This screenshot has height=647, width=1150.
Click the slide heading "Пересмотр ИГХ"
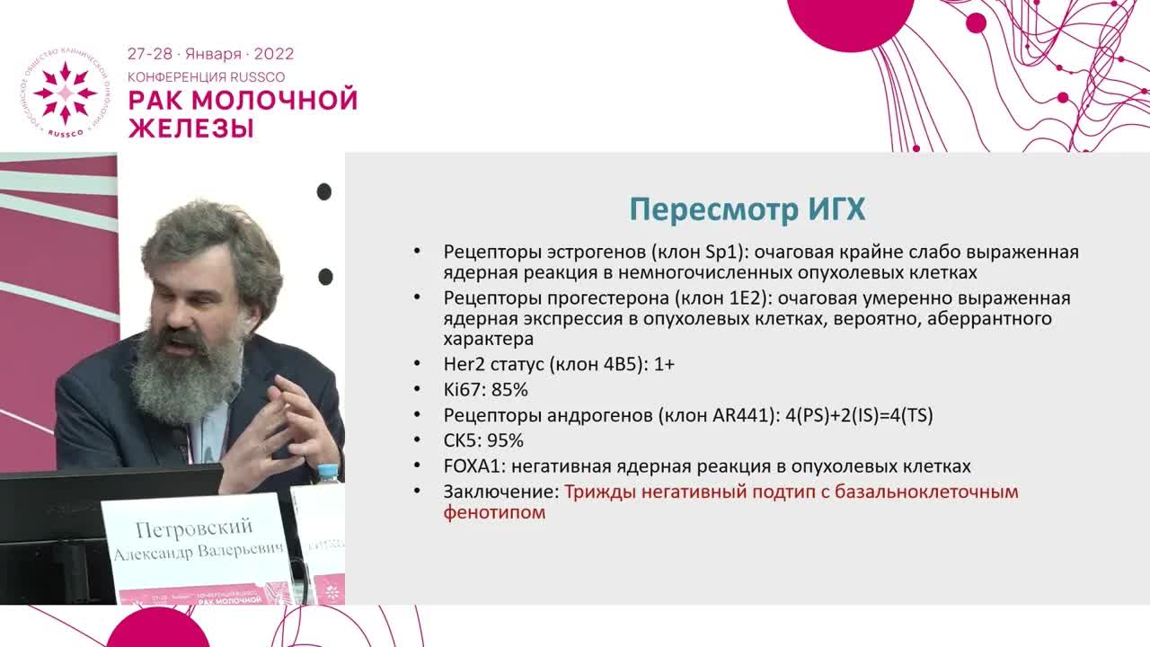[747, 209]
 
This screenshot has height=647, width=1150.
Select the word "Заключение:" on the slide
[501, 492]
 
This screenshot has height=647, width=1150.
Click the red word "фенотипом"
[494, 513]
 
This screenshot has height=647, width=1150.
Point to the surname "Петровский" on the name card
[194, 527]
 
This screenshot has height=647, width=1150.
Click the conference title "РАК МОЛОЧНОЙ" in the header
[243, 100]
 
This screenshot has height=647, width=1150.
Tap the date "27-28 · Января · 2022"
[210, 54]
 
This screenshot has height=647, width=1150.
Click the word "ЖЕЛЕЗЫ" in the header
[190, 128]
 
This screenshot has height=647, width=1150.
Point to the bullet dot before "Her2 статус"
[415, 365]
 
